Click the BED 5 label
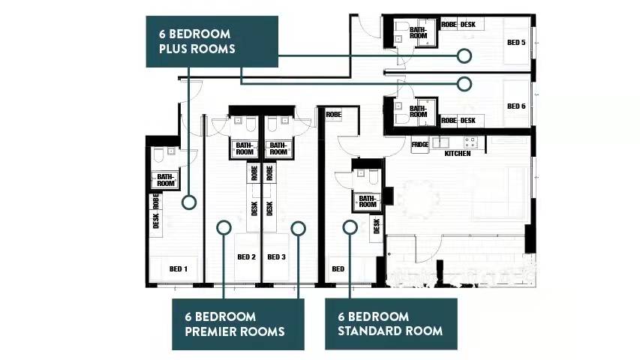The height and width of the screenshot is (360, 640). click(x=516, y=43)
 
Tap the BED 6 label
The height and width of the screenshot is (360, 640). click(x=516, y=106)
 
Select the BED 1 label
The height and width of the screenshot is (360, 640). click(x=179, y=269)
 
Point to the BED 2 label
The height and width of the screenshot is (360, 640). click(x=247, y=256)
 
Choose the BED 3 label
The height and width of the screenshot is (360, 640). click(x=276, y=256)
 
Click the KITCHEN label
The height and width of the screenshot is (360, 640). click(x=458, y=154)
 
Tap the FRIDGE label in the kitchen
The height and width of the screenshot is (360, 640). click(x=420, y=145)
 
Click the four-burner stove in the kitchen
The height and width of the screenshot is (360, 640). click(x=470, y=142)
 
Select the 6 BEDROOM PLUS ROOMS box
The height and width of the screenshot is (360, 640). click(x=212, y=42)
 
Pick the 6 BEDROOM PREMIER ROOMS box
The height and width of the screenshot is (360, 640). click(x=238, y=324)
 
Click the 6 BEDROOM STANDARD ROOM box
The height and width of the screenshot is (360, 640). click(x=391, y=324)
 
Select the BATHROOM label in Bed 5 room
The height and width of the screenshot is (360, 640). click(x=419, y=33)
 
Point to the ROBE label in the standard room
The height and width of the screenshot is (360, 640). click(x=333, y=115)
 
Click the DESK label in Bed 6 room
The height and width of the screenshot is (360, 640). click(x=467, y=121)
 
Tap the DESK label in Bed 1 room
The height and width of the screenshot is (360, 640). click(x=155, y=220)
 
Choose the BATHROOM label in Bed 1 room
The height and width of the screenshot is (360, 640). click(x=166, y=180)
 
